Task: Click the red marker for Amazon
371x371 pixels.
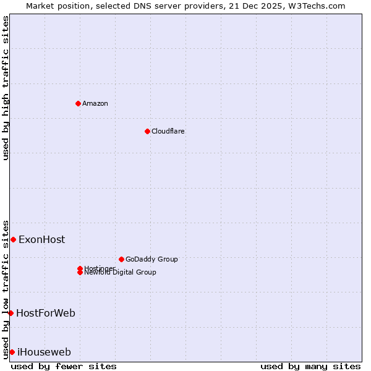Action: point(78,103)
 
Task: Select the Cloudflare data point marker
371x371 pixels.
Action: point(147,131)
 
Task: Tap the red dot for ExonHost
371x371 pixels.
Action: point(13,239)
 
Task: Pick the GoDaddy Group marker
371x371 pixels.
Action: point(121,259)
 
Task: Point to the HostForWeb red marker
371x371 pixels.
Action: point(11,313)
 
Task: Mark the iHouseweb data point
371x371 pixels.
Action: point(12,352)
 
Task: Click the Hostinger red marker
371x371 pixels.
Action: point(80,268)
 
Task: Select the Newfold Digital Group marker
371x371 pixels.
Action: point(80,273)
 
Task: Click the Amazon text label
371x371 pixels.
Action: point(95,103)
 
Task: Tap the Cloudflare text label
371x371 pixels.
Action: point(168,131)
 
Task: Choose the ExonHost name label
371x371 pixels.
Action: point(41,239)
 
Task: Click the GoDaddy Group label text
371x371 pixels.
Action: point(151,259)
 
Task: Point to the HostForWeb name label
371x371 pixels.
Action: point(46,313)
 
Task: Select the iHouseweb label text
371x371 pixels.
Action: point(44,352)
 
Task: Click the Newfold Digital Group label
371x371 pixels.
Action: point(121,273)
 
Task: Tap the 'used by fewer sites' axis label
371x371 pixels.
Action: point(64,366)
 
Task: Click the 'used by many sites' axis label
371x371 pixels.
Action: point(310,366)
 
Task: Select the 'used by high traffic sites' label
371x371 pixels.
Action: point(6,88)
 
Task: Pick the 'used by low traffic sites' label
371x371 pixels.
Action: point(6,289)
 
